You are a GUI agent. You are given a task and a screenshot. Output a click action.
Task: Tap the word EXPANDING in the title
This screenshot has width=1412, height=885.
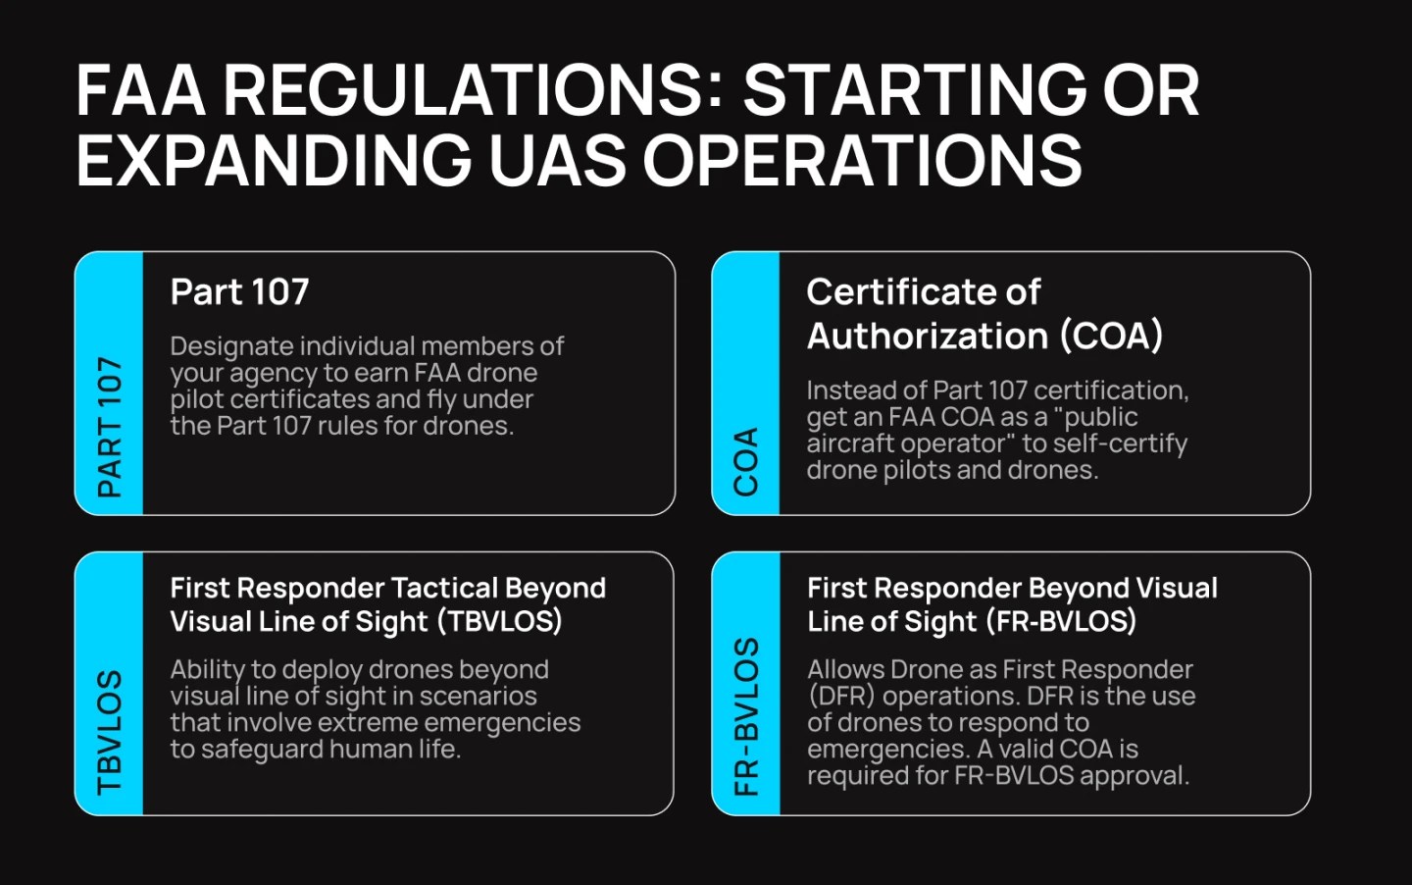click(x=274, y=160)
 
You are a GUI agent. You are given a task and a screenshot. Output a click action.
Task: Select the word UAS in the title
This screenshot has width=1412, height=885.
click(x=557, y=160)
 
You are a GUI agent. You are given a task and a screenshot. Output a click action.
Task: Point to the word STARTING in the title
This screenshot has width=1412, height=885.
click(x=914, y=90)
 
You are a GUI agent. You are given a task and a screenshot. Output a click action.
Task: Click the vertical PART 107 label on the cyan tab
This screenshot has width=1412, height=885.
click(x=110, y=427)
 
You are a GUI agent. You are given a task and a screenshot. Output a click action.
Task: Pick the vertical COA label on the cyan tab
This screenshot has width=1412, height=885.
click(x=746, y=461)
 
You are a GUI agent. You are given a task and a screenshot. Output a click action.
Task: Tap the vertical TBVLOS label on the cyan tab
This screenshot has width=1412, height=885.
click(x=110, y=732)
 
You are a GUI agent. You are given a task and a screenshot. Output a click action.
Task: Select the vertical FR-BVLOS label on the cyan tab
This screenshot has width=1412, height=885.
click(x=746, y=716)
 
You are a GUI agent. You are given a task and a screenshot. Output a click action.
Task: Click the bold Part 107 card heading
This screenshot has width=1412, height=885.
click(x=239, y=291)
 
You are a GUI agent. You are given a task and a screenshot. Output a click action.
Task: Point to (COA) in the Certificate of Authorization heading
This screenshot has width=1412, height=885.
click(x=1111, y=337)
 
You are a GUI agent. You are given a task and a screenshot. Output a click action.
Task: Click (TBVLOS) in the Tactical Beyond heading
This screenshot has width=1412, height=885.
click(x=500, y=621)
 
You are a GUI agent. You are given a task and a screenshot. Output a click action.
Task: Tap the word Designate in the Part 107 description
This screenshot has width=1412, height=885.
click(x=231, y=346)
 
